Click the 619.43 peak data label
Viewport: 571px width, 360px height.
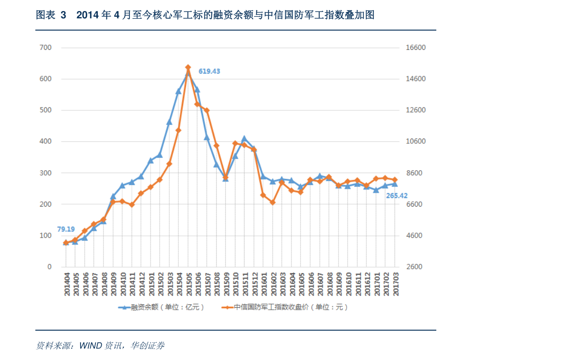(x=209, y=71)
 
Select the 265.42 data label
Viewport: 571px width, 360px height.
(x=397, y=196)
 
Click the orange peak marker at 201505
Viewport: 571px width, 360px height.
(x=188, y=68)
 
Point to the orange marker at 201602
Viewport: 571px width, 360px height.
(x=273, y=202)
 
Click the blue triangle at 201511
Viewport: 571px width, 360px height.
(x=245, y=139)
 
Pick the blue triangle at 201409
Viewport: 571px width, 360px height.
(x=113, y=197)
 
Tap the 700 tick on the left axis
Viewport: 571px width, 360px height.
(x=46, y=47)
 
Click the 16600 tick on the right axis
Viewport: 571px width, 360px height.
(x=416, y=47)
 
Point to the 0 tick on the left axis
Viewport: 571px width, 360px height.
(x=49, y=267)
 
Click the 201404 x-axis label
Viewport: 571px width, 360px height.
(x=67, y=285)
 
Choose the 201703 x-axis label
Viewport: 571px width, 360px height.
(x=396, y=285)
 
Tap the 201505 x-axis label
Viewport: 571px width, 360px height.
(x=188, y=285)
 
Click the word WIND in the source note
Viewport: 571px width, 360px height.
(x=89, y=345)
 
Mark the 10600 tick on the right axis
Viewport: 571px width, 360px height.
(x=416, y=141)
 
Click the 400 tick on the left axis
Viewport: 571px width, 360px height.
(x=46, y=141)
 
